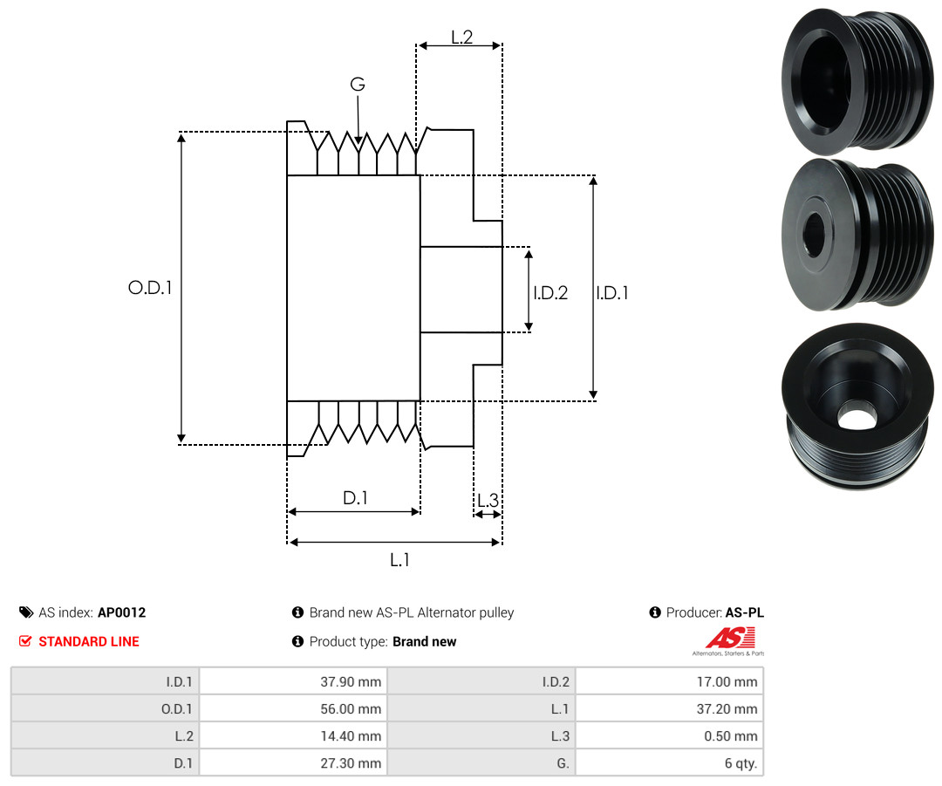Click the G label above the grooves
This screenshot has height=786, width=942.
(358, 84)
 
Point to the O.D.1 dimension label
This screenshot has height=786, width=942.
(150, 288)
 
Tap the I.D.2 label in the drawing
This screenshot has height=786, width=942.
(550, 292)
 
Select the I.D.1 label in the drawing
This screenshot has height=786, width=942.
(612, 292)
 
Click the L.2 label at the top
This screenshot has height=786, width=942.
(462, 38)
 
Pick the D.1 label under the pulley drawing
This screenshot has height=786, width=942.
(355, 497)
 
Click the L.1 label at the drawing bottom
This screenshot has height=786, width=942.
(399, 560)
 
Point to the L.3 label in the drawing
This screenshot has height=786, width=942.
(488, 500)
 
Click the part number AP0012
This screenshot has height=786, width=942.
(122, 612)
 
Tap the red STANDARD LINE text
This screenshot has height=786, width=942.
(89, 641)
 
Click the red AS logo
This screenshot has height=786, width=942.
(730, 638)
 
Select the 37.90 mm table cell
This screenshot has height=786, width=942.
(293, 681)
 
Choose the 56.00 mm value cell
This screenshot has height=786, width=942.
(293, 708)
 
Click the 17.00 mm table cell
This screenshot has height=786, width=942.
(669, 681)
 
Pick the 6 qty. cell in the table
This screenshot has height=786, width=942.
(669, 762)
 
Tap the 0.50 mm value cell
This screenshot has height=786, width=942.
(669, 735)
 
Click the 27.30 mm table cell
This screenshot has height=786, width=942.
(293, 762)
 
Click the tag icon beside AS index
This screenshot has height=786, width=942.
(26, 612)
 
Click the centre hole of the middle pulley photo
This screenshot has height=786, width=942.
(814, 233)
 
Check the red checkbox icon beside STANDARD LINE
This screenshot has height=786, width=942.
(25, 641)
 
